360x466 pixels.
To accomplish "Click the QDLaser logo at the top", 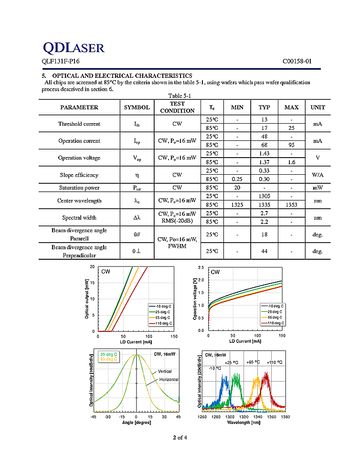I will point(74,47).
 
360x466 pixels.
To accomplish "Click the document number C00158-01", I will point(296,61).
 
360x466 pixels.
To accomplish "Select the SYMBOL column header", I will point(137,107).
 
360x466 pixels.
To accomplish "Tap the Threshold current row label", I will point(79,124).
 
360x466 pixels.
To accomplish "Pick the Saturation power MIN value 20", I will point(237,188).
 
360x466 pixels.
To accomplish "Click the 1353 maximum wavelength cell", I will point(291,205).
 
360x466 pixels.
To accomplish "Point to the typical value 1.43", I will point(264,153).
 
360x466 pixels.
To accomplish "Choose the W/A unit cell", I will point(318,175).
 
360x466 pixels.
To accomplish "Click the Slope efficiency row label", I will point(79,175).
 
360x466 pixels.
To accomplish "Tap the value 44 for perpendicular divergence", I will point(264,251).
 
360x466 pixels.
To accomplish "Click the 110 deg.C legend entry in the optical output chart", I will point(159,323).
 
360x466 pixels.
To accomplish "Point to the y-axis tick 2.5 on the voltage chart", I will point(201,268).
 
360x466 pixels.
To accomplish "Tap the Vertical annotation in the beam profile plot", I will point(165,371).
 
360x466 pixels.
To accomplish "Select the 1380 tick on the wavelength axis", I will point(286,416).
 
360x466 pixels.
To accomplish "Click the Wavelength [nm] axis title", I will point(244,423).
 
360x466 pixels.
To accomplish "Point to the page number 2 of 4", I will point(180,437).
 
